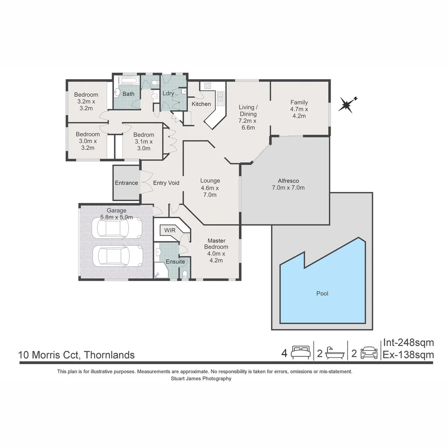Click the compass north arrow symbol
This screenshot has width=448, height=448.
[x=346, y=105]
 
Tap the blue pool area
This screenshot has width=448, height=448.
[x=322, y=290]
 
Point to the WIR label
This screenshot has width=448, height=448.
[x=169, y=230]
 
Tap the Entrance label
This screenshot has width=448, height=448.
[x=126, y=183]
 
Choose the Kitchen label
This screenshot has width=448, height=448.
[x=201, y=104]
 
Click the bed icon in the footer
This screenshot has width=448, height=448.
[x=300, y=353]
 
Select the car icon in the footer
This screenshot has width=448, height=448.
[x=369, y=353]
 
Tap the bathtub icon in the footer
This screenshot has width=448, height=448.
[x=334, y=353]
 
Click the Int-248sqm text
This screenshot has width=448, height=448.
[x=408, y=343]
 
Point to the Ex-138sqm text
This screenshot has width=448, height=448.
[x=408, y=355]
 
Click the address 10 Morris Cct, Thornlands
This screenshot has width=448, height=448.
[x=76, y=355]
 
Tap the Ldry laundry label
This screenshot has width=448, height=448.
[x=168, y=94]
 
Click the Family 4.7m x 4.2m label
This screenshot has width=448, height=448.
[x=299, y=109]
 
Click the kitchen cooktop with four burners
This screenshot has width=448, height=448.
[x=207, y=86]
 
